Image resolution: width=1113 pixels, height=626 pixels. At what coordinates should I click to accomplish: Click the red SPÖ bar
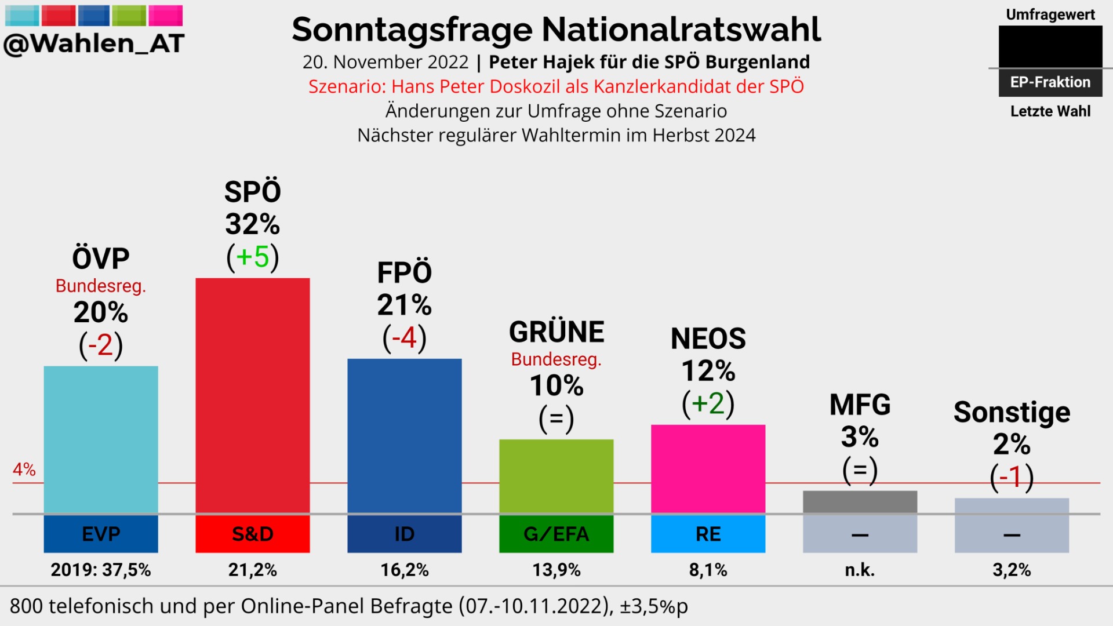252,394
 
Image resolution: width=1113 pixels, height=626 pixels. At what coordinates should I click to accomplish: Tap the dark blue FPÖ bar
404,435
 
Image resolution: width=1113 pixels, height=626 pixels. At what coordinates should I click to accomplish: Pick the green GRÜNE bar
556,475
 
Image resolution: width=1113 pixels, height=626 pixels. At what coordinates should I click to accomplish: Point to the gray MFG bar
860,501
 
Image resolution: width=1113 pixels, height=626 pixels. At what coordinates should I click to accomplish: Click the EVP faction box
101,534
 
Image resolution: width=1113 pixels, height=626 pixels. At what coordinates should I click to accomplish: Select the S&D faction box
252,534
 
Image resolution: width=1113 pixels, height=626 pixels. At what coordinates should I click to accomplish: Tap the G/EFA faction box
556,534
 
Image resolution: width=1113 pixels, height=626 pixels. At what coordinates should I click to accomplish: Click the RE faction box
708,534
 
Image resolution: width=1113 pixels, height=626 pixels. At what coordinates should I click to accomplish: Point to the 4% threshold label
24,469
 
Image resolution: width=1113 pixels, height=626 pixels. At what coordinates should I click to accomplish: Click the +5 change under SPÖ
253,257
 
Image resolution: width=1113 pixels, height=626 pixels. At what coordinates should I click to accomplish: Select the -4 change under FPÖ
405,337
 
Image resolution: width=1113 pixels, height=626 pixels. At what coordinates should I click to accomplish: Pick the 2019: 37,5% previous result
101,570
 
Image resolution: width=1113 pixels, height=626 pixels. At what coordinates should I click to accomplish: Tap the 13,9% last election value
556,570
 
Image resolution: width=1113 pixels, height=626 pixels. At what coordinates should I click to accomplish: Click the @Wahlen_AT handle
94,43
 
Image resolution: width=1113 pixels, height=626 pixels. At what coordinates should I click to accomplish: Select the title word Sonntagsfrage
412,30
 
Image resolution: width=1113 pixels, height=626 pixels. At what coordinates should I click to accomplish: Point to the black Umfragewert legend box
1050,46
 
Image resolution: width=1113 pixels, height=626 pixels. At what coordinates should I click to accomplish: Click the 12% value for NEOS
708,371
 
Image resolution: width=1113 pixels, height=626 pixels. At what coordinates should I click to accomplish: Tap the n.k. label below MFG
860,570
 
